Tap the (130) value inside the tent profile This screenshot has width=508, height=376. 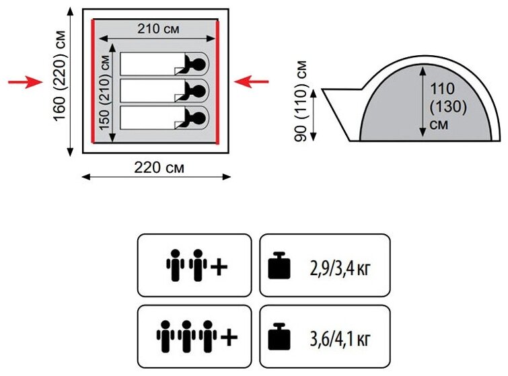coord(441,107)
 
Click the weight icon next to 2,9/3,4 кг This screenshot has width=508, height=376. coord(279,266)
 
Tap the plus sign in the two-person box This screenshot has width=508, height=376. coord(219,266)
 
